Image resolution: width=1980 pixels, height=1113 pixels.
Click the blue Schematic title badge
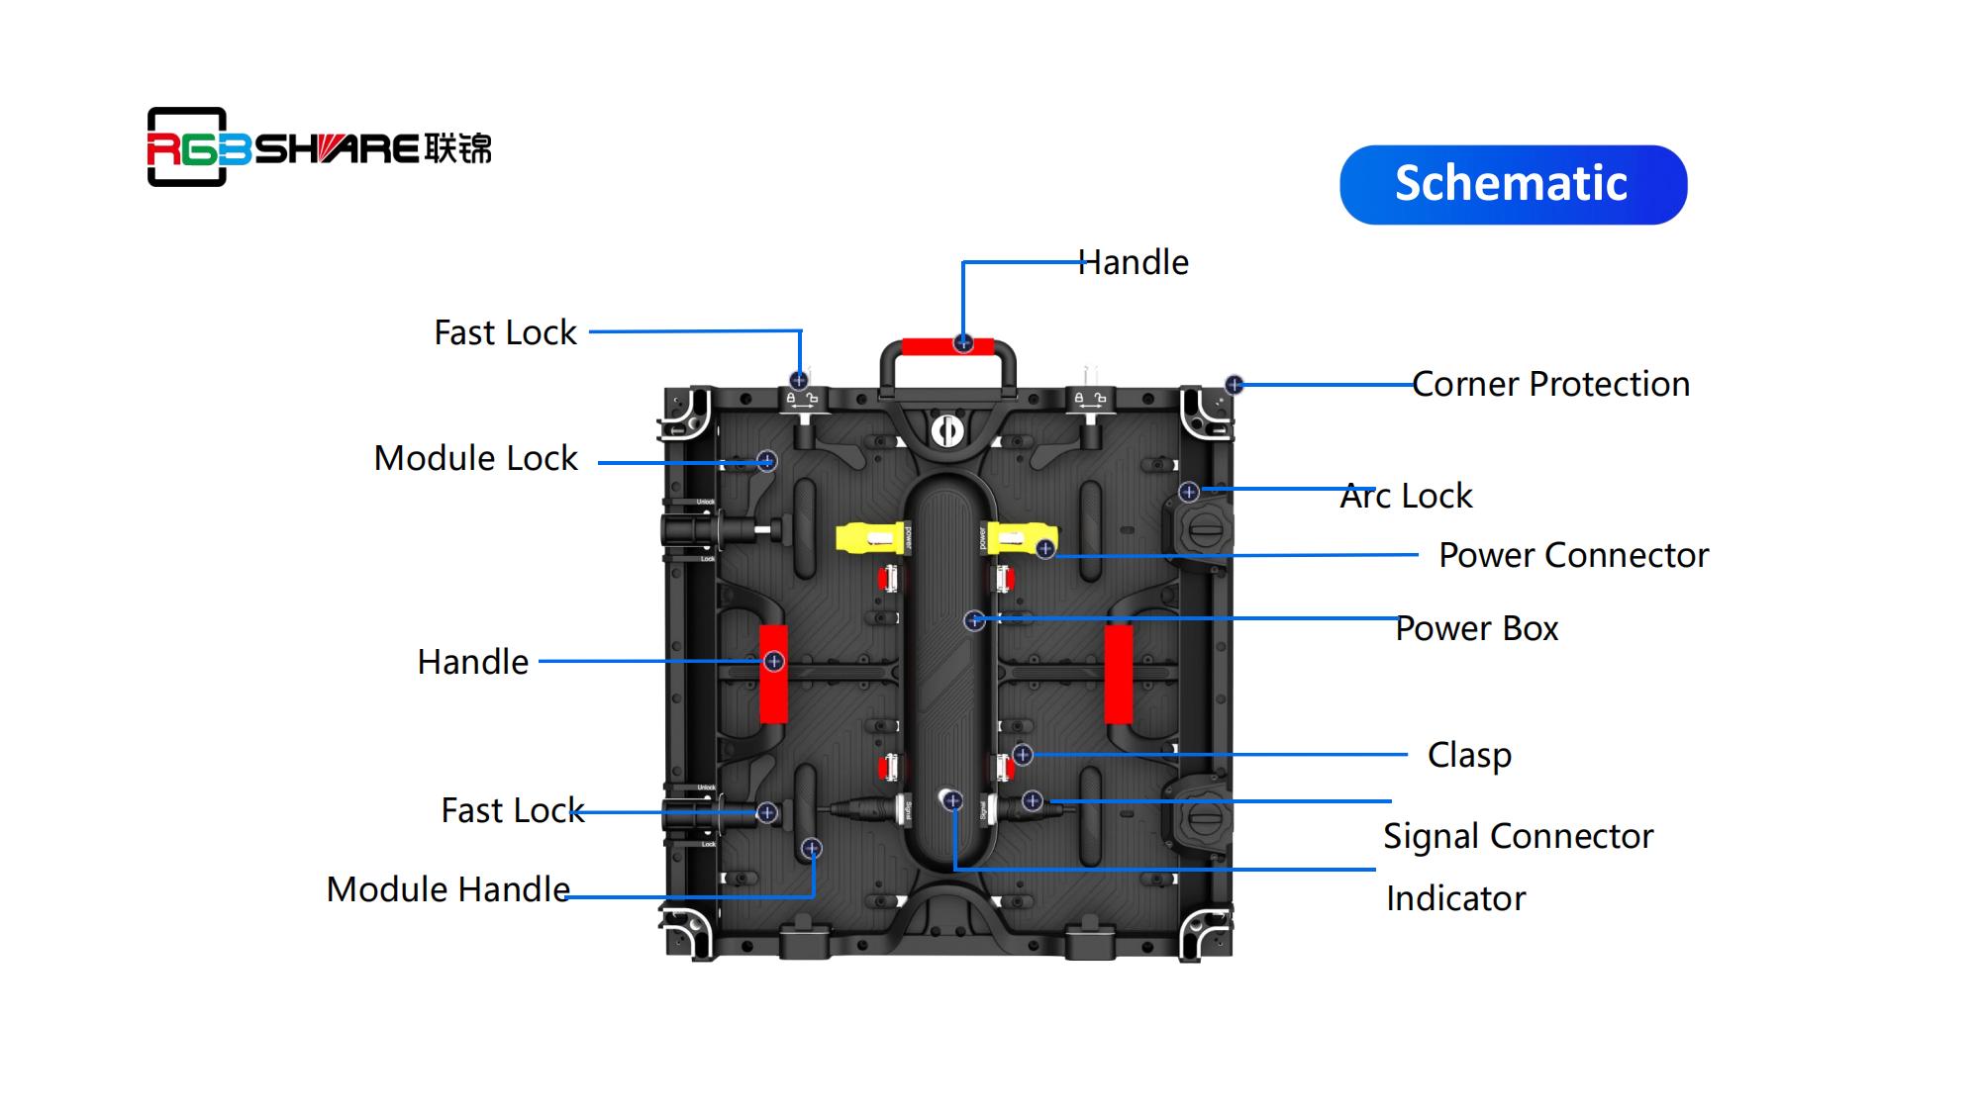[x=1513, y=185]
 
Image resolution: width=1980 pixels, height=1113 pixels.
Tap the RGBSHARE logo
[x=319, y=147]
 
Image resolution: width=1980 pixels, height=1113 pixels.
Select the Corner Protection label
[x=1550, y=384]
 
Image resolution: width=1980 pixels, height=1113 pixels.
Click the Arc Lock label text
[x=1406, y=496]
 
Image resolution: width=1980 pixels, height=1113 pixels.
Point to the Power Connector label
[x=1573, y=555]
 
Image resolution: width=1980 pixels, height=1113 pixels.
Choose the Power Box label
[x=1476, y=628]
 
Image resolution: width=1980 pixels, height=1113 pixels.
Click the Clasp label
[x=1469, y=755]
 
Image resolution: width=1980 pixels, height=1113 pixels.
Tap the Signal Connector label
[x=1518, y=836]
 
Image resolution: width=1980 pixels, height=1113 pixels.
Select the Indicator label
[x=1455, y=898]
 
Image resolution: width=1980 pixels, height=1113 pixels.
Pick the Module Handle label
[x=447, y=889]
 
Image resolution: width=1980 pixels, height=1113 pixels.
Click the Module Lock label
[x=475, y=458]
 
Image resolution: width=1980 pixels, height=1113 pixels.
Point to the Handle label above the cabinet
[x=1133, y=262]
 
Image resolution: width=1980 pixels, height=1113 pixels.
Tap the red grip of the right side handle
[x=1119, y=674]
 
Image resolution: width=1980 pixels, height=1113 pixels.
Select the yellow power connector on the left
[x=870, y=538]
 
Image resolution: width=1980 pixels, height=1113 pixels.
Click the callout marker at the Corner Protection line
[x=1234, y=384]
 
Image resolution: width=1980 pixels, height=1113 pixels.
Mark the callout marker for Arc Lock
[x=1189, y=492]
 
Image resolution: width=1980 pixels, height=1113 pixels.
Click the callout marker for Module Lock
[x=767, y=461]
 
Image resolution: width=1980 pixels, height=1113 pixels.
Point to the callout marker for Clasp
[x=1023, y=755]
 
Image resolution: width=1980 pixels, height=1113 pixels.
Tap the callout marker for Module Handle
[x=812, y=848]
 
